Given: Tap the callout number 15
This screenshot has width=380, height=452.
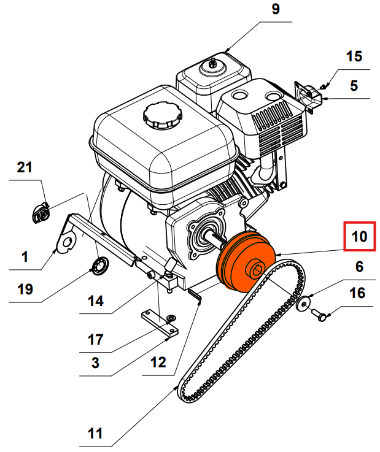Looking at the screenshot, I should tap(354, 57).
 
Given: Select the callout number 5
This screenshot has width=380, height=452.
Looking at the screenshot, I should tap(354, 85).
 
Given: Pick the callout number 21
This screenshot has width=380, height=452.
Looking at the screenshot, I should tap(25, 167).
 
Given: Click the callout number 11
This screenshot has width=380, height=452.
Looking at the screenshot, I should tap(95, 434).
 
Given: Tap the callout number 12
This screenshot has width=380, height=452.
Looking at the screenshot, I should tap(158, 362).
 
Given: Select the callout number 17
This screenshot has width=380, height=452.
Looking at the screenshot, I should tap(95, 339).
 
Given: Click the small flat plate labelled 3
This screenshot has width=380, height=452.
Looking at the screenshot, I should tap(157, 323).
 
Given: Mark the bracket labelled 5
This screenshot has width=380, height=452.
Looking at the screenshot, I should tap(311, 94).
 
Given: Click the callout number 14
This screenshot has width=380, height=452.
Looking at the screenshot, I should tap(95, 301).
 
